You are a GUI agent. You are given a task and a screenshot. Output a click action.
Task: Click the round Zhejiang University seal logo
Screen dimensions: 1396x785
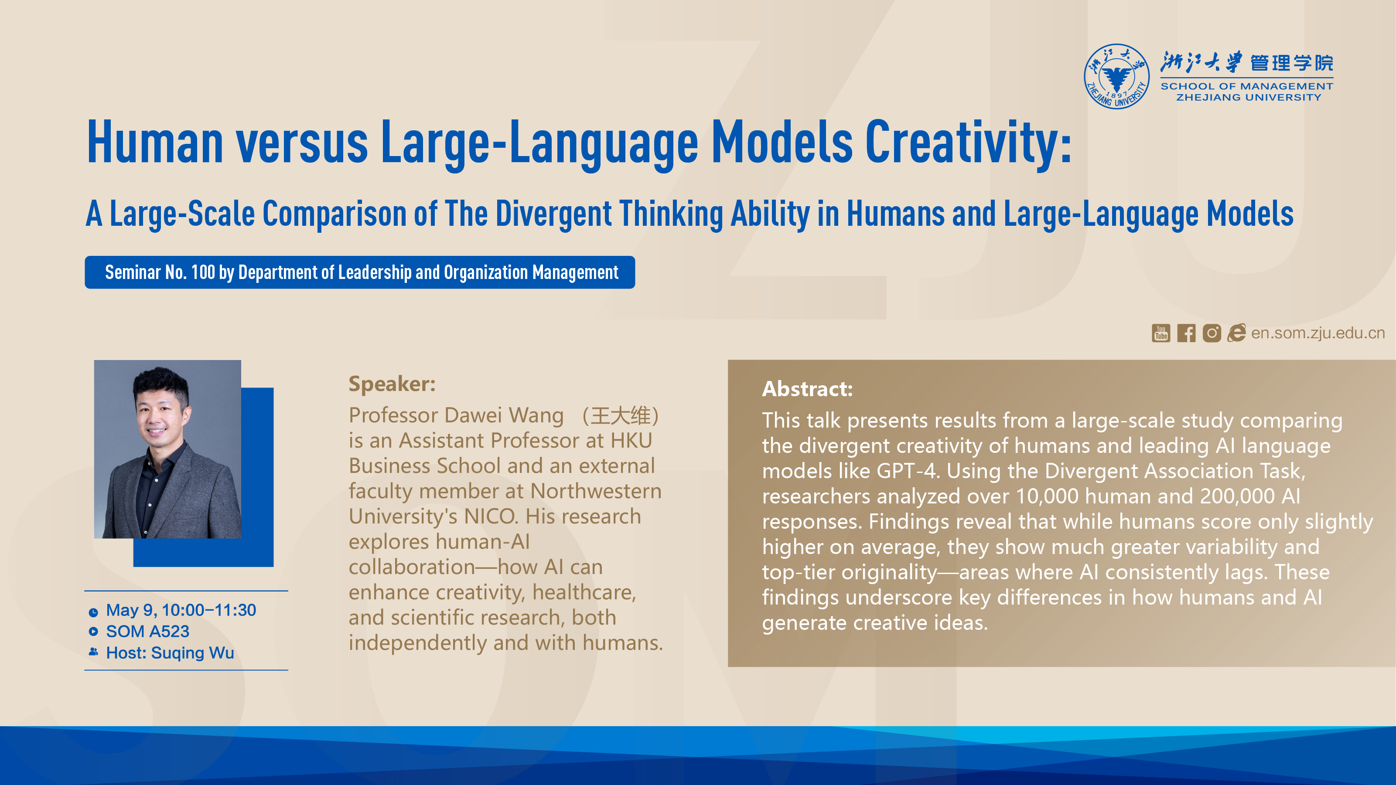1116,76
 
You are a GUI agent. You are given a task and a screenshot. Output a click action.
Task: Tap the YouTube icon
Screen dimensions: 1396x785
1161,333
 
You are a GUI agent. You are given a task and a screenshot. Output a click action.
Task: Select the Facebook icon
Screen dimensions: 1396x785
1186,333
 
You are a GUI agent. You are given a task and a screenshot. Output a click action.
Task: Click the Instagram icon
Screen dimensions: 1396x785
1212,333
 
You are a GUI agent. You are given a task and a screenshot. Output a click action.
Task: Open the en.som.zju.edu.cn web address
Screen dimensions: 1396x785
1317,333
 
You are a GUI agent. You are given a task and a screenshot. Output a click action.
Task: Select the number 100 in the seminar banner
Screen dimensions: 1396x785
203,272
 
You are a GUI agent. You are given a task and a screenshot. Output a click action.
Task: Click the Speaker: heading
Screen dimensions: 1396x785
392,384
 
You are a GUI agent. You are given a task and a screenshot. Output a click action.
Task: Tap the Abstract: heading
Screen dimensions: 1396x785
808,389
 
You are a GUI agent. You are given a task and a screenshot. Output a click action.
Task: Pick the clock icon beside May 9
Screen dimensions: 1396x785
93,612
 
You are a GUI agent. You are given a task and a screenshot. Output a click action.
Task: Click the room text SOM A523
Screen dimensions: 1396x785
147,631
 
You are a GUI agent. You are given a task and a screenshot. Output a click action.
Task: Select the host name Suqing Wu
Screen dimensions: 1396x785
192,653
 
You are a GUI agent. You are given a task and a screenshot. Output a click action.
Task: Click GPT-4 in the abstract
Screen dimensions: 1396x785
908,471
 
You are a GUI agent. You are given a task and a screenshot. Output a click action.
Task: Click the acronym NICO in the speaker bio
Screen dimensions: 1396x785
493,517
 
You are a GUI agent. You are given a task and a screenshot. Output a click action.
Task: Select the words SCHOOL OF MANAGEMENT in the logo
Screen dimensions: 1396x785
1247,86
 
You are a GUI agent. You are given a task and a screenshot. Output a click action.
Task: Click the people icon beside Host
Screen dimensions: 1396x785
93,652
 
